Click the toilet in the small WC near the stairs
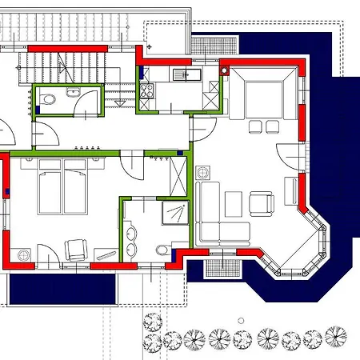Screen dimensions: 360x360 pyautogui.click(x=48, y=100)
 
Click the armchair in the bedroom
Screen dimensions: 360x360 pyautogui.click(x=77, y=249)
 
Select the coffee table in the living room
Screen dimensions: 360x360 pyautogui.click(x=233, y=205)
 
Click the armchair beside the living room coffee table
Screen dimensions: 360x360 pyautogui.click(x=260, y=203)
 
